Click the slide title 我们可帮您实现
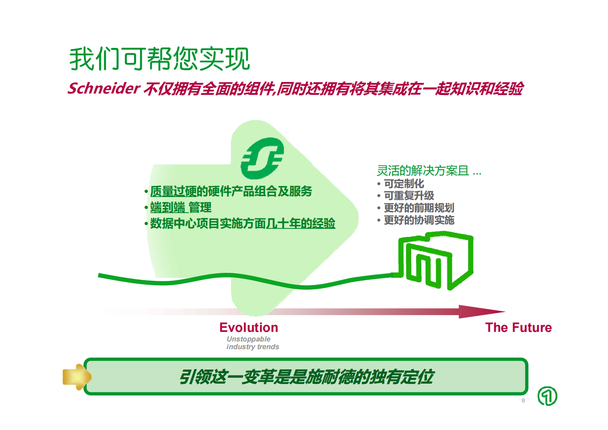[159, 59]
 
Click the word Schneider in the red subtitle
[103, 89]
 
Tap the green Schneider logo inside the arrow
[262, 158]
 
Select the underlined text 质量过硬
[173, 191]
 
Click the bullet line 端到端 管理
[180, 208]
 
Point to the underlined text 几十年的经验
[301, 223]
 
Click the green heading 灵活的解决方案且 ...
[423, 171]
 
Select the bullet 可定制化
[404, 184]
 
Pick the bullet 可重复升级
[409, 196]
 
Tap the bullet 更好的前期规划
[419, 208]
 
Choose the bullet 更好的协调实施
[419, 220]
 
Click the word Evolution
[249, 328]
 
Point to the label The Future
[518, 328]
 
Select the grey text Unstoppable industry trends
[252, 343]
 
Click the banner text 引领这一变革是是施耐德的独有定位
[306, 377]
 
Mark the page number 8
[523, 400]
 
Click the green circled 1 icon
[547, 396]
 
